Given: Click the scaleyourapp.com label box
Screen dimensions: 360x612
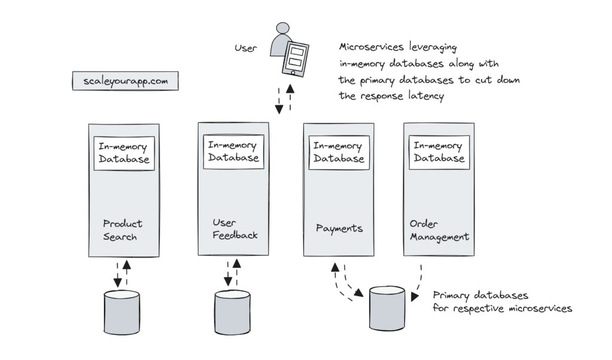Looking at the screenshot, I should pos(124,81).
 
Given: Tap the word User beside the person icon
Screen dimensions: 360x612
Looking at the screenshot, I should pos(246,48).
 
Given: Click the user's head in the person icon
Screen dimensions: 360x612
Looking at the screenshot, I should pos(281,29).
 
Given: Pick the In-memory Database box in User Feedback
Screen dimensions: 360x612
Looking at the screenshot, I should pos(232,152).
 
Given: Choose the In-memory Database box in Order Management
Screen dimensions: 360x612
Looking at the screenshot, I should pos(439,152).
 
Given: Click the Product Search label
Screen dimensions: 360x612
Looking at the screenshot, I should pos(123,230).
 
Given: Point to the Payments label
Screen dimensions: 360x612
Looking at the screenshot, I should pos(339,228).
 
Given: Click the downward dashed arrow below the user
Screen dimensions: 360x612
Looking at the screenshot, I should pos(279,100).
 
